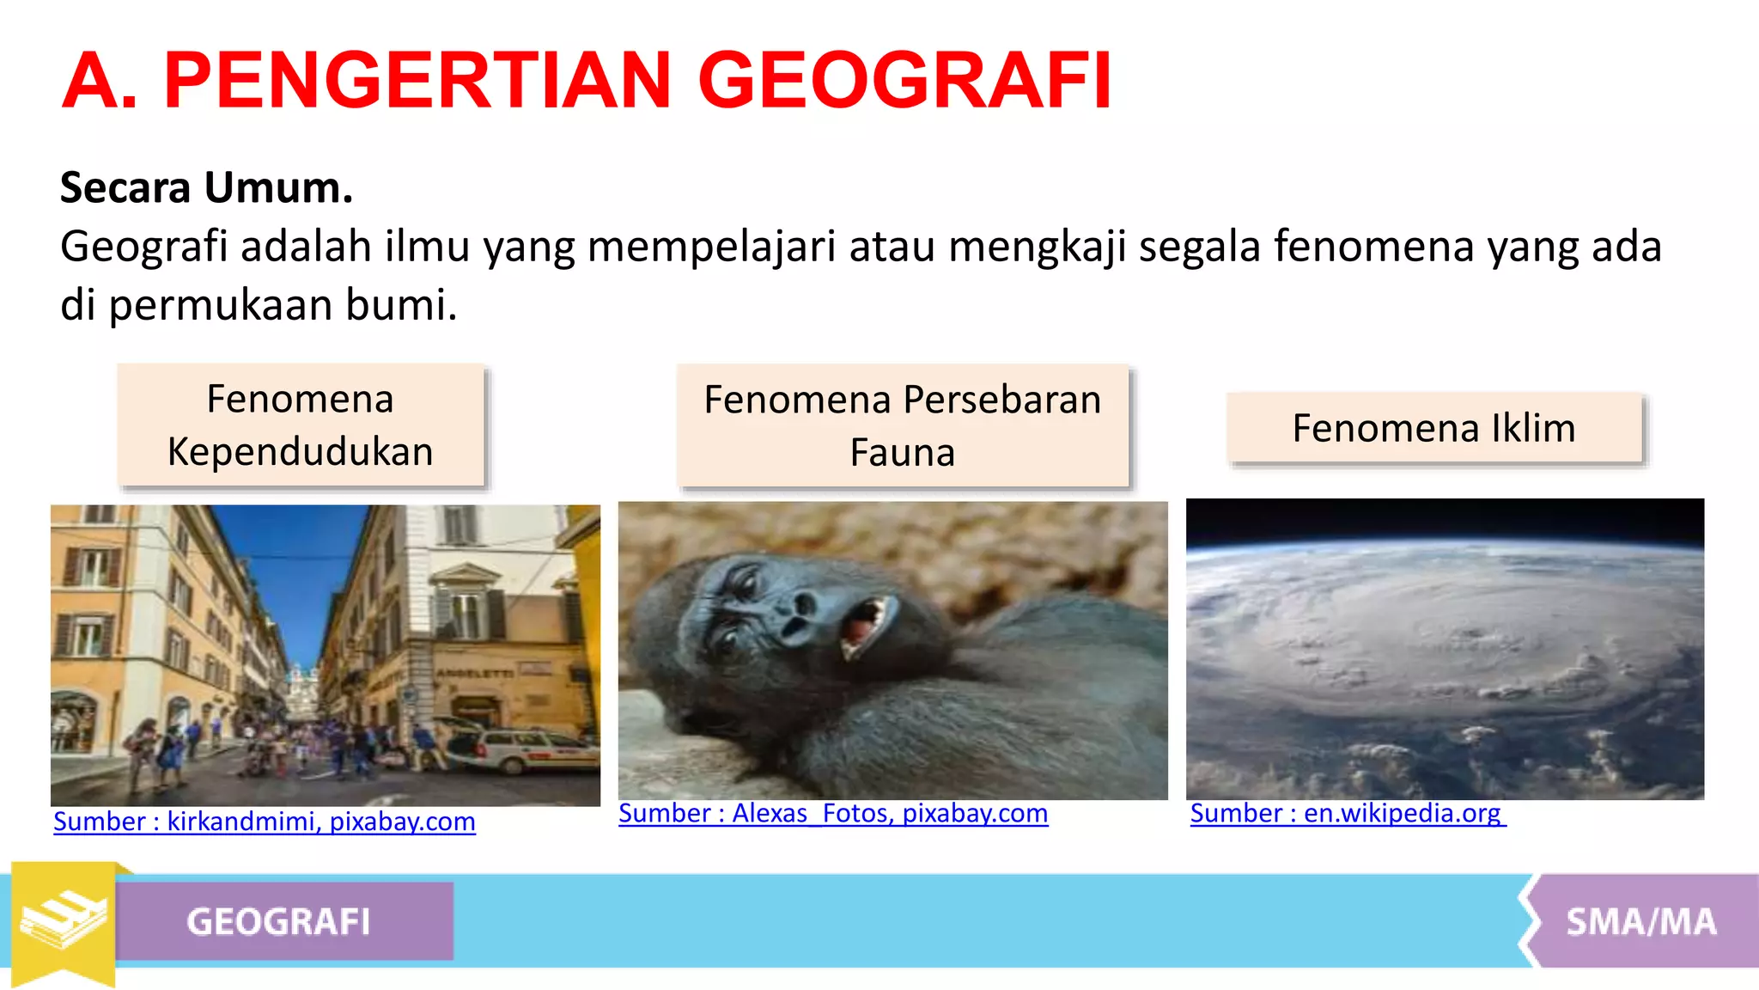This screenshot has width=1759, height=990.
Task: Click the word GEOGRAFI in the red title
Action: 905,81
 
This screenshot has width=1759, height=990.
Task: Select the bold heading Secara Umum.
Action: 206,187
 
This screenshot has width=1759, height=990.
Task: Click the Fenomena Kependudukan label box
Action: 301,425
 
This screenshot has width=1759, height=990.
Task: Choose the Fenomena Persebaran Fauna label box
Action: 902,426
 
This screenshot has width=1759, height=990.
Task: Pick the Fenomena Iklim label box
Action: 1433,428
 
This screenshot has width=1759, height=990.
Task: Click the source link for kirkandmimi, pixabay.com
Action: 264,822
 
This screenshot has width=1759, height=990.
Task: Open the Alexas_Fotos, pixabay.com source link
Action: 832,813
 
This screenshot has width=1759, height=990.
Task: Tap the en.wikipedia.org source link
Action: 1347,813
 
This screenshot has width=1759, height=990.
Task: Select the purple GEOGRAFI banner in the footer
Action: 283,921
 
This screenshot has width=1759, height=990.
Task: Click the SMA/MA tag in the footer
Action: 1640,921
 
